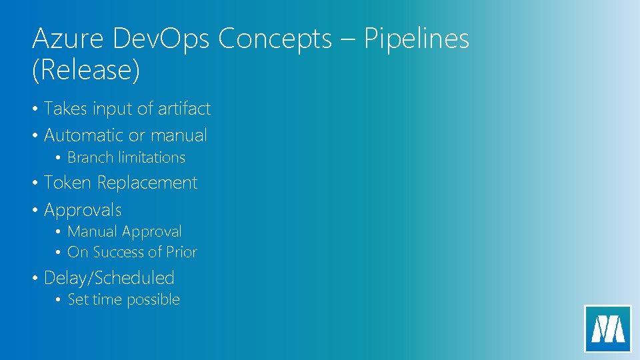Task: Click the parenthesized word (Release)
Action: (86, 71)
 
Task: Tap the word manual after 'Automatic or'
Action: (179, 135)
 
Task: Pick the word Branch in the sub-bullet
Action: (91, 158)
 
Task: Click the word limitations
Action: (151, 158)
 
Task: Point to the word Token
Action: (67, 183)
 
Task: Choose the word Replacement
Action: (147, 183)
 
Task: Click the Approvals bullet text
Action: (83, 211)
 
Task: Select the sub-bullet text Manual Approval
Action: (125, 232)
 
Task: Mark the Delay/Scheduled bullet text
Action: (109, 278)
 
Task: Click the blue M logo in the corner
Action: (607, 328)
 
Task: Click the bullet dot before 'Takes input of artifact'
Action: (35, 109)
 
